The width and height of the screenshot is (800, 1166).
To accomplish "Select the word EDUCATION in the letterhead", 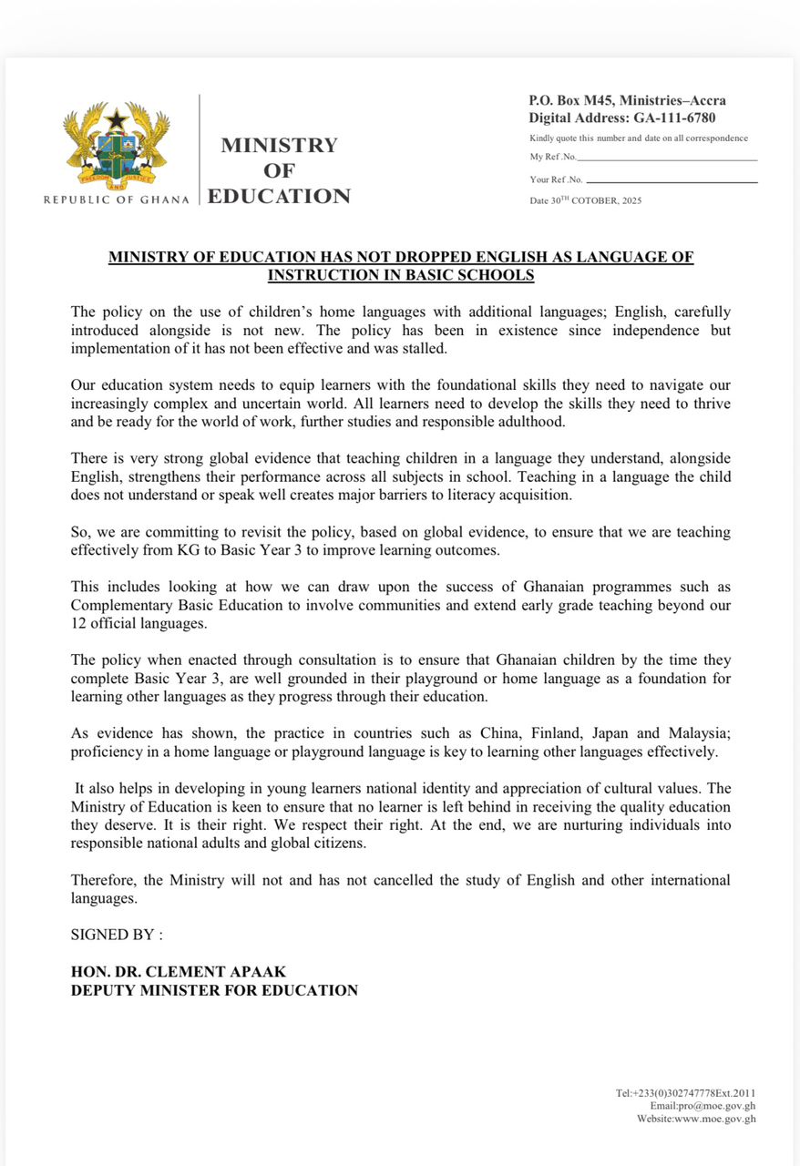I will click(x=279, y=196).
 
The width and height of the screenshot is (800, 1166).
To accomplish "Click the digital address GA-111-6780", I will click(x=674, y=118).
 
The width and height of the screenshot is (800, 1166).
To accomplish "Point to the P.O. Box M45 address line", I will click(x=627, y=101).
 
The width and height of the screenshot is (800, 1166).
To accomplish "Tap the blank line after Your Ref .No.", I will click(x=672, y=180).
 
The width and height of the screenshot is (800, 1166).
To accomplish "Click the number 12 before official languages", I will click(x=78, y=624).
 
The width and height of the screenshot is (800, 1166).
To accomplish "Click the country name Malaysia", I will click(x=697, y=733).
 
